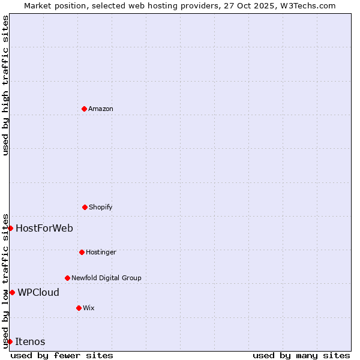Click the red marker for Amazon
84,109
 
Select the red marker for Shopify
85,207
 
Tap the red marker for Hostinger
82,252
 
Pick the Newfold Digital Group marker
67,278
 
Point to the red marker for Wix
79,308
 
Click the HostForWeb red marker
10,228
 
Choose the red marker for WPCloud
12,292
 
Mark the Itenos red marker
10,341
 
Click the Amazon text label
101,109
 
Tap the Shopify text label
101,207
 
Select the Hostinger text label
101,252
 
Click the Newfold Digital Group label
107,278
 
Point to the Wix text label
89,308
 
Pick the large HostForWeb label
44,228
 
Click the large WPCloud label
38,292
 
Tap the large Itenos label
30,341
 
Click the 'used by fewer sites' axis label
62,355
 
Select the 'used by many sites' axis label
301,355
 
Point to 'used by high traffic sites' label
5,85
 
